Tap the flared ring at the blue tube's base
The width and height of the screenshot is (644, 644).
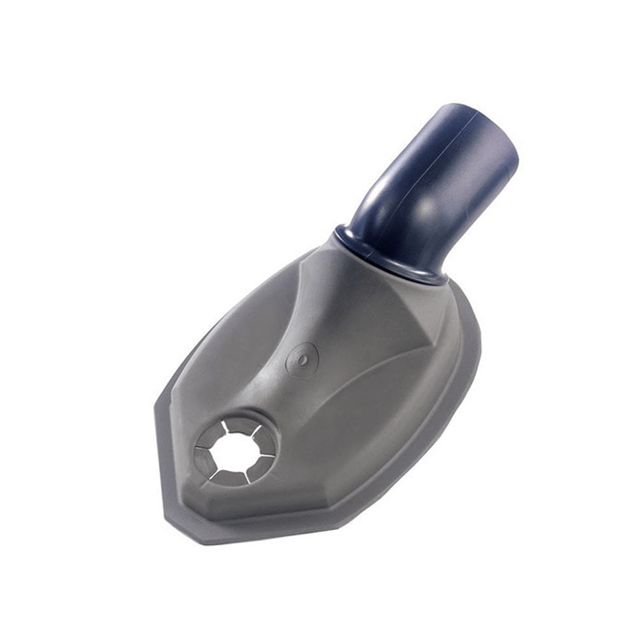click(x=386, y=258)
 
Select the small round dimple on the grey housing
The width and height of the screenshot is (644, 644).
click(x=302, y=357)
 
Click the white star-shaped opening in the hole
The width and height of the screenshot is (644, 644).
click(x=235, y=450)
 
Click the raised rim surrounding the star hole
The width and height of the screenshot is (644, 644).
click(x=270, y=425)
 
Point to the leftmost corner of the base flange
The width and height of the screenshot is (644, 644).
click(x=156, y=409)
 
